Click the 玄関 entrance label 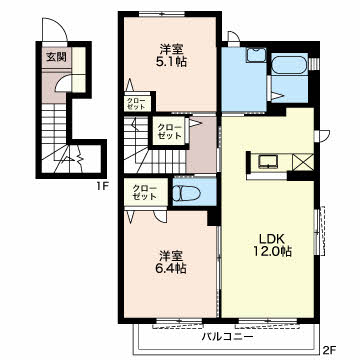(56, 57)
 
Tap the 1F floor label (102, 186)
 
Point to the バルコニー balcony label (227, 337)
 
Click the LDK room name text (272, 239)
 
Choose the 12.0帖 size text (272, 251)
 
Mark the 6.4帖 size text (172, 268)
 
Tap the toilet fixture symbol (186, 193)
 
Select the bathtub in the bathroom (289, 64)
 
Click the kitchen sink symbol (269, 162)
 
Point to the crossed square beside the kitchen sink (303, 162)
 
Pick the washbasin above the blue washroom (256, 55)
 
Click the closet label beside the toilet (145, 192)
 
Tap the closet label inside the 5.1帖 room (136, 104)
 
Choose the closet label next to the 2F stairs (170, 132)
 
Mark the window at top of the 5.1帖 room (162, 14)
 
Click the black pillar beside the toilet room (212, 218)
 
